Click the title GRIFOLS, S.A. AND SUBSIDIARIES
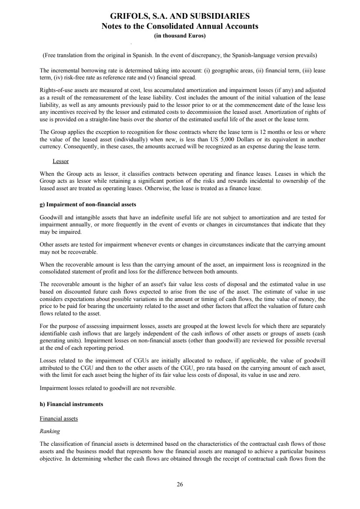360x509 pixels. click(180, 17)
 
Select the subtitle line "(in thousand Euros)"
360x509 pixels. click(180, 36)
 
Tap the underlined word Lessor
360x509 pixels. click(60, 161)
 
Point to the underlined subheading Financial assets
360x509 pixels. click(58, 419)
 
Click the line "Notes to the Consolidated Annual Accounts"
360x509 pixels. click(180, 26)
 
